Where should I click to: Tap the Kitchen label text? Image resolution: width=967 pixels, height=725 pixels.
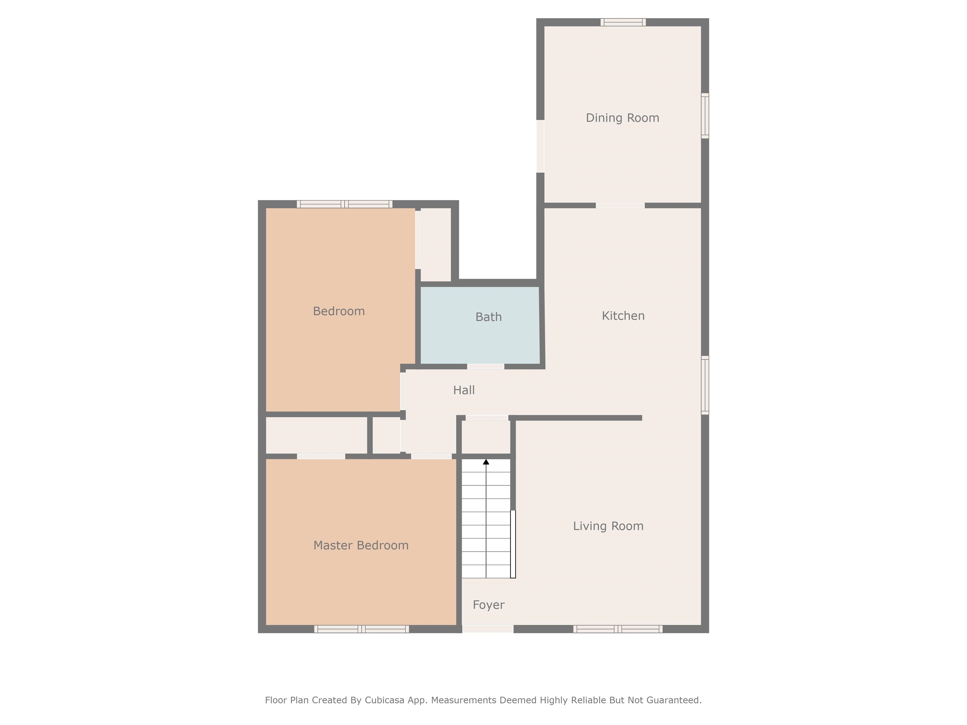[x=623, y=316]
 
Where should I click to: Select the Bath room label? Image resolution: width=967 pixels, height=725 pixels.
[x=488, y=317]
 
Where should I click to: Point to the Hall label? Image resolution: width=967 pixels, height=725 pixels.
[x=464, y=390]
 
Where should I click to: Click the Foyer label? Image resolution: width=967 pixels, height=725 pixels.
[x=488, y=605]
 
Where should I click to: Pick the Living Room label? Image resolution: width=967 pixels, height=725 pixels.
[x=608, y=526]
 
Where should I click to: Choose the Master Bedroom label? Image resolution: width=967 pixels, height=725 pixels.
[x=361, y=545]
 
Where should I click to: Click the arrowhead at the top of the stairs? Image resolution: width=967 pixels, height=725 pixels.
[x=486, y=462]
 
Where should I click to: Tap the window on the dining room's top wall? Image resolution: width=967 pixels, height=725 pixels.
[x=623, y=22]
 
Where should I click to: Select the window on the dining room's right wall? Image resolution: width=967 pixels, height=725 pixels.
[x=705, y=116]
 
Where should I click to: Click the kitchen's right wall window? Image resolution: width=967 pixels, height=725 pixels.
[x=705, y=385]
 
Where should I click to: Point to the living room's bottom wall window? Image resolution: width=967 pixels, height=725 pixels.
[x=618, y=629]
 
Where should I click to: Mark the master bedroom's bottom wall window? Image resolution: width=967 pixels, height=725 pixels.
[x=362, y=629]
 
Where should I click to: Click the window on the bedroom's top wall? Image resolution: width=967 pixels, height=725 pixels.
[x=344, y=204]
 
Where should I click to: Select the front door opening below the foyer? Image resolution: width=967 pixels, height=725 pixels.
[x=488, y=629]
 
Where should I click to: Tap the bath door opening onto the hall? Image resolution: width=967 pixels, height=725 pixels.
[x=485, y=367]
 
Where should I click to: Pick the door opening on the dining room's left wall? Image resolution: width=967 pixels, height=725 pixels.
[x=540, y=146]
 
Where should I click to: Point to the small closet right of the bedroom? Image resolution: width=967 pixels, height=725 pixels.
[x=435, y=245]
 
